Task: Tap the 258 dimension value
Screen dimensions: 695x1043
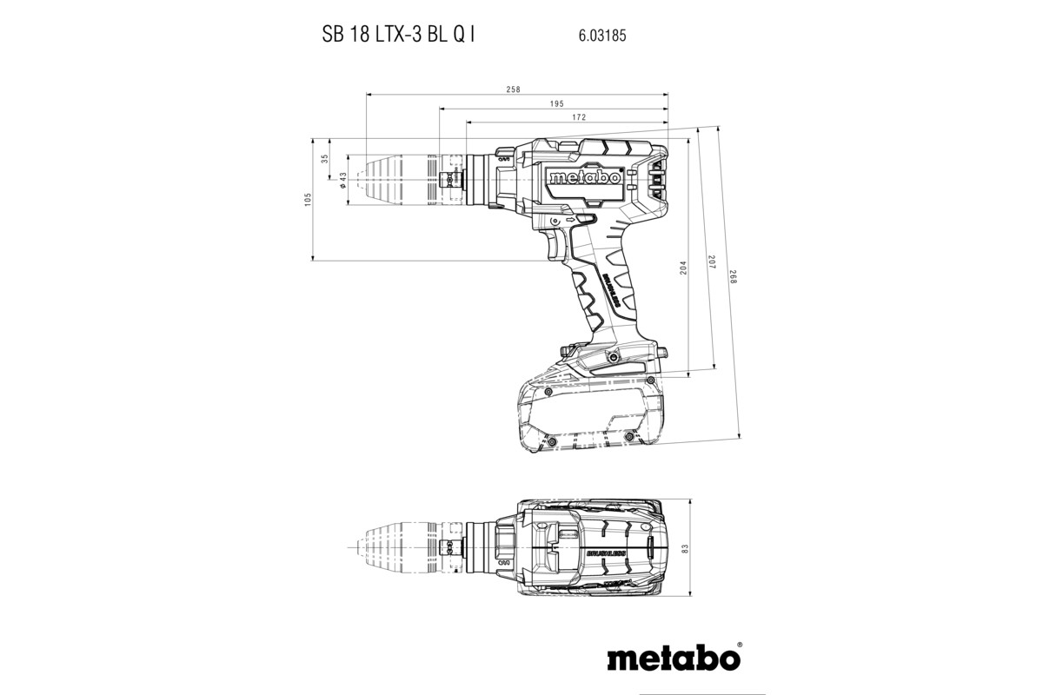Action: coord(514,89)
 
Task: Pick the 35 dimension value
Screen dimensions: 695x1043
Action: coord(325,159)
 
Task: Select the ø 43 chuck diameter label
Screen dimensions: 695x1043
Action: coord(343,180)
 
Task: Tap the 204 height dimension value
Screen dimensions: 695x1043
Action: coord(683,269)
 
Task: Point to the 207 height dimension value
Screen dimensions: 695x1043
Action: coord(709,263)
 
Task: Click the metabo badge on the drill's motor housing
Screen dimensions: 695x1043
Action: coord(583,178)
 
